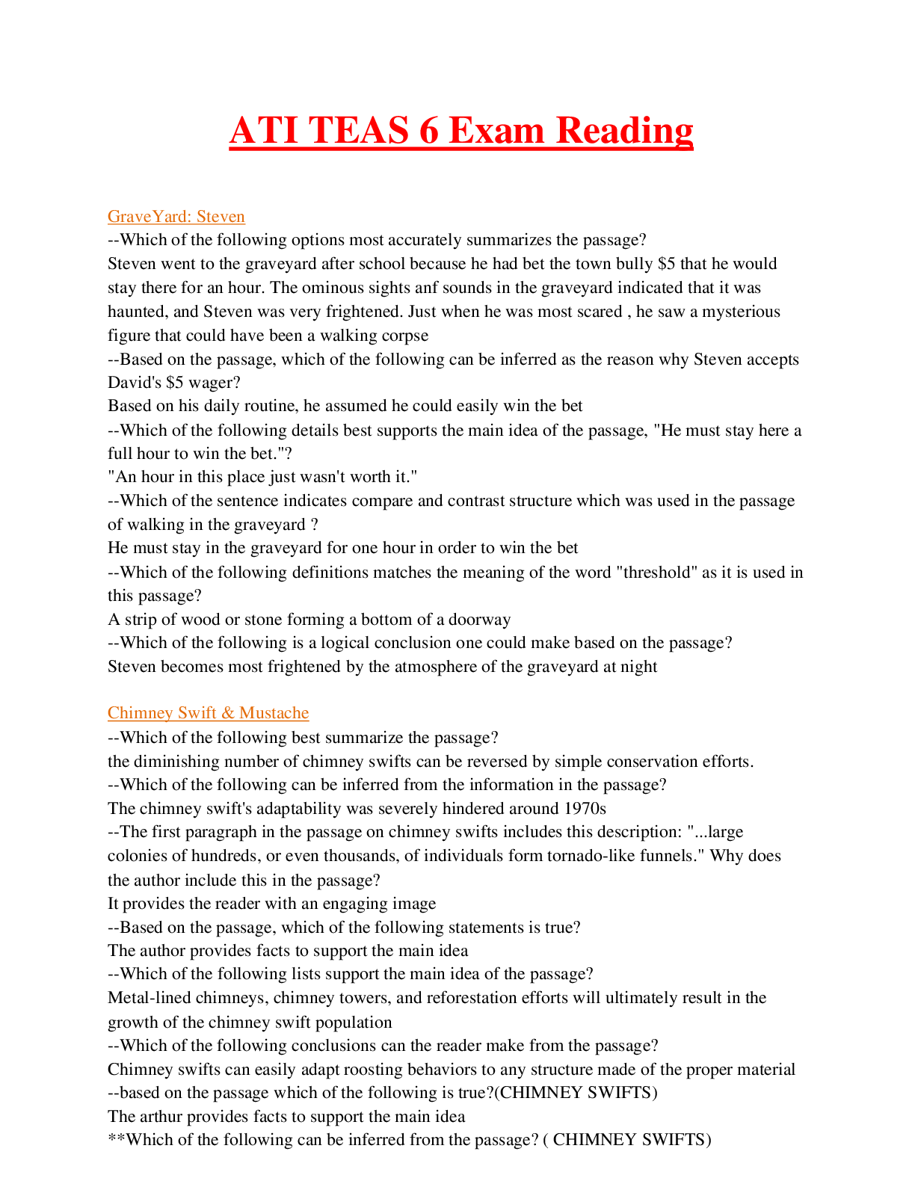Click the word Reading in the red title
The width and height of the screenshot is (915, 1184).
click(624, 131)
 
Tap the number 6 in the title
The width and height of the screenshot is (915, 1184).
click(428, 131)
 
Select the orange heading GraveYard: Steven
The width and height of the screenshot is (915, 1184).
click(176, 216)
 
